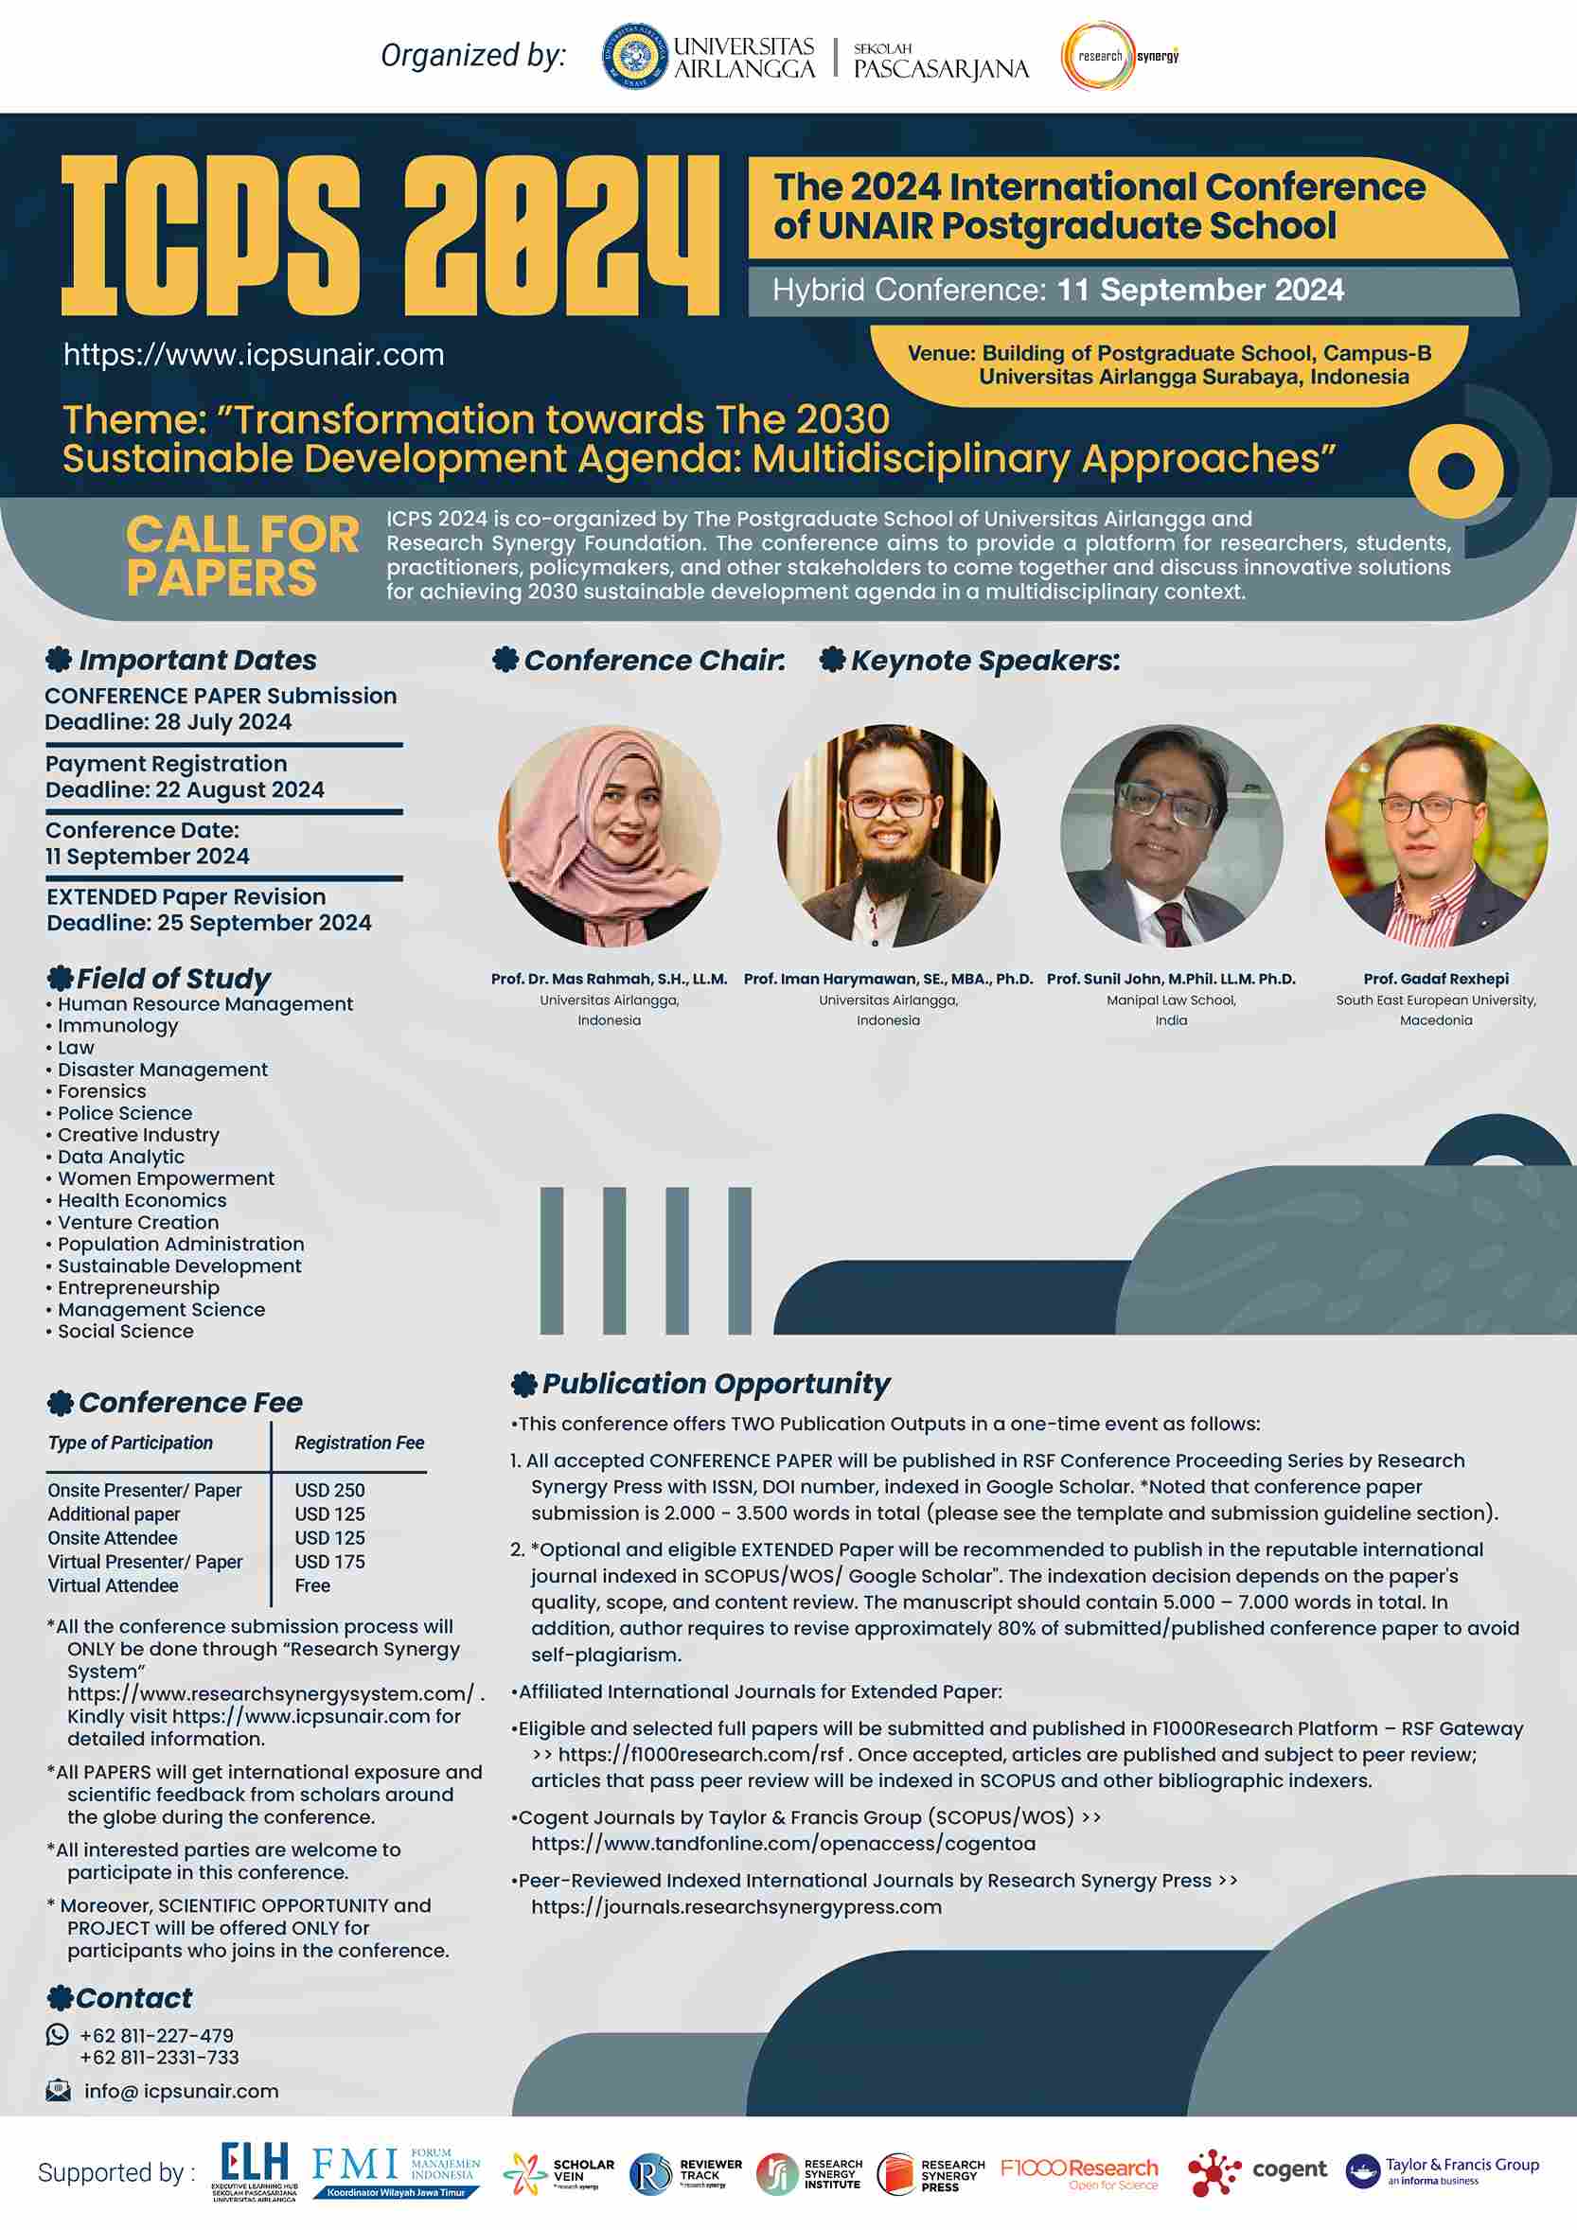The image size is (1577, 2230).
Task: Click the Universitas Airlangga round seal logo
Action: (635, 57)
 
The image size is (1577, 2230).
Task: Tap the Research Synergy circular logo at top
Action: (1098, 57)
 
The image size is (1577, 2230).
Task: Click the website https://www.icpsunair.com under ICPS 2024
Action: (254, 356)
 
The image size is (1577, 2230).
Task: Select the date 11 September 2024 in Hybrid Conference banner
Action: (1199, 291)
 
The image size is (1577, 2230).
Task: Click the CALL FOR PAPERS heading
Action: (241, 557)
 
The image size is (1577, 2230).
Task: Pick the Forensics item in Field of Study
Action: (101, 1091)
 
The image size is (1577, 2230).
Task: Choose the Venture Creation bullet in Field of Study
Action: (138, 1223)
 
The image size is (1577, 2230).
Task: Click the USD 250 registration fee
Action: (329, 1490)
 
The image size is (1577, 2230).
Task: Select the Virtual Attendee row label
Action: (113, 1585)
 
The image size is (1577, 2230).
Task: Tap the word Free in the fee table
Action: (311, 1585)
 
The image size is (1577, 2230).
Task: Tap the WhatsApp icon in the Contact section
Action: (59, 2035)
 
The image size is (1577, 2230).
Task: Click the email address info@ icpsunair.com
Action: (181, 2091)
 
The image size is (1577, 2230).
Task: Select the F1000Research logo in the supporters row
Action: (1078, 2172)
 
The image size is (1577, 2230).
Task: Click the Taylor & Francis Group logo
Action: (1442, 2170)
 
